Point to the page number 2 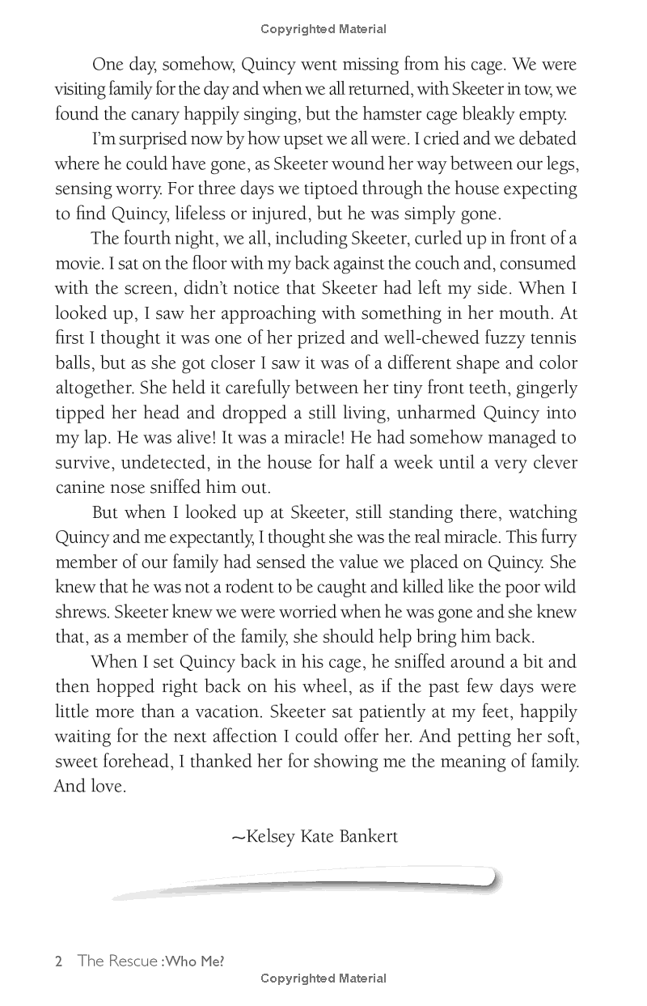(58, 962)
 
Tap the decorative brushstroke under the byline (307, 882)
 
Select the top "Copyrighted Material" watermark (323, 29)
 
